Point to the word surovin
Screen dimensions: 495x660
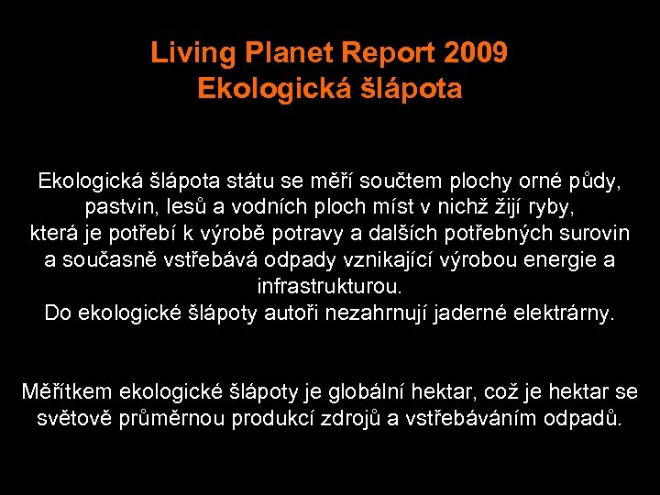pyautogui.click(x=592, y=233)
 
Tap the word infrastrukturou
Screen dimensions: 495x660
pyautogui.click(x=329, y=286)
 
